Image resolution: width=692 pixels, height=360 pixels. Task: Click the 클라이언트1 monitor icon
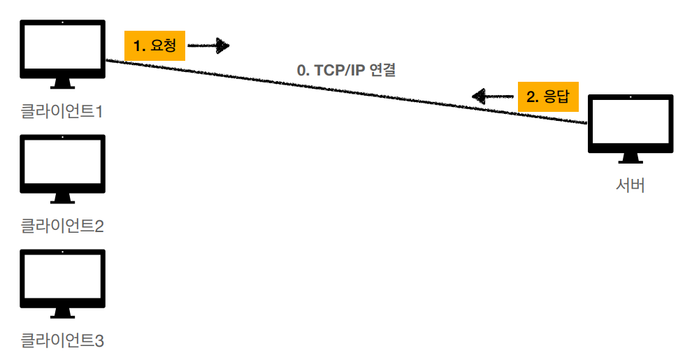click(x=63, y=49)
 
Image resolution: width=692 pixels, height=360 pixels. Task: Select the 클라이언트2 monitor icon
click(x=63, y=164)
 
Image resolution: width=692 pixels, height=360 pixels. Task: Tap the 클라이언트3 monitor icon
click(x=63, y=279)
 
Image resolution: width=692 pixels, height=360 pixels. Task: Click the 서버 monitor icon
click(x=630, y=124)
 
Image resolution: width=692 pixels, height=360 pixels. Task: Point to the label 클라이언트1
click(x=62, y=110)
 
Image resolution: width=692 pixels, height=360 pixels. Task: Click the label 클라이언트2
click(x=62, y=226)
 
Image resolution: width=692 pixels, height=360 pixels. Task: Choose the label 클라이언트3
click(x=62, y=340)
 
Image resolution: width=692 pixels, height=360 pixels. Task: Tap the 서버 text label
click(x=630, y=186)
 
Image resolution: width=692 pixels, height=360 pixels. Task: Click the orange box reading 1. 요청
click(x=154, y=46)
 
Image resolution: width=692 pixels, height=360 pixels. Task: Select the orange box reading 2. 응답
click(x=549, y=96)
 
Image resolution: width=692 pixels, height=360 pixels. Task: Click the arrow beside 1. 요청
click(x=209, y=46)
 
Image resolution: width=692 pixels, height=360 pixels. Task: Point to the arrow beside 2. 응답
click(x=493, y=96)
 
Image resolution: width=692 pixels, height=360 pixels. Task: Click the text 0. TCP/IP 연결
click(x=347, y=71)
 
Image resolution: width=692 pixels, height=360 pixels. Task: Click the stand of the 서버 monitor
click(x=630, y=159)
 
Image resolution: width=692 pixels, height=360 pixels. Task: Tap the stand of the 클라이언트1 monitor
click(x=63, y=84)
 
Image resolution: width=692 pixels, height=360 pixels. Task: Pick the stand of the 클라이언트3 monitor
click(x=63, y=314)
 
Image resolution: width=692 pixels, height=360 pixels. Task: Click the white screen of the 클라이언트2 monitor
click(x=63, y=163)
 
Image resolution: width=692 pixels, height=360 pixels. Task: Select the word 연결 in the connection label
click(x=383, y=71)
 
